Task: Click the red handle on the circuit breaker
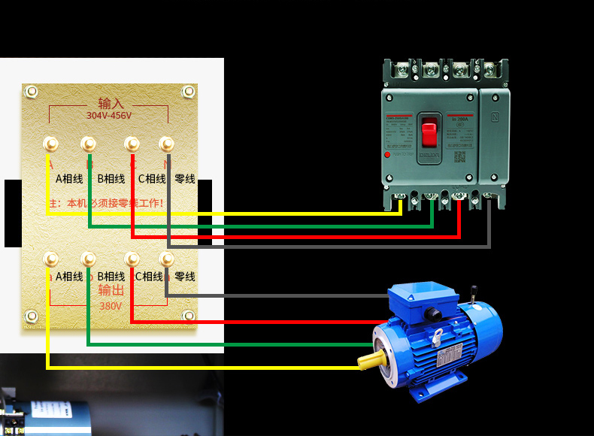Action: pyautogui.click(x=429, y=133)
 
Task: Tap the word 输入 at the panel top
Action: pyautogui.click(x=111, y=104)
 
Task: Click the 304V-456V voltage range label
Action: pyautogui.click(x=108, y=116)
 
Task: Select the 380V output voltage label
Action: pyautogui.click(x=110, y=306)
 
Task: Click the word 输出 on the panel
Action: pyautogui.click(x=111, y=291)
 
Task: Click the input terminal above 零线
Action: pyautogui.click(x=167, y=143)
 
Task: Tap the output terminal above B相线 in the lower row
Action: pyautogui.click(x=88, y=259)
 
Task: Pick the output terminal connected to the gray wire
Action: pyautogui.click(x=167, y=259)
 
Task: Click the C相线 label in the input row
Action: pyautogui.click(x=152, y=179)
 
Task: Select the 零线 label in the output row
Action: pyautogui.click(x=185, y=277)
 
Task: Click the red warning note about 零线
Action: pyautogui.click(x=105, y=203)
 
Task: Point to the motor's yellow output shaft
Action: pyautogui.click(x=366, y=361)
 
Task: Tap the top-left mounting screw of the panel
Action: pyautogui.click(x=31, y=92)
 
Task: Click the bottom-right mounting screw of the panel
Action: pyautogui.click(x=189, y=315)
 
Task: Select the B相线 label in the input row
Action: pyautogui.click(x=111, y=179)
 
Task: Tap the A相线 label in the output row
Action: pyautogui.click(x=69, y=277)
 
